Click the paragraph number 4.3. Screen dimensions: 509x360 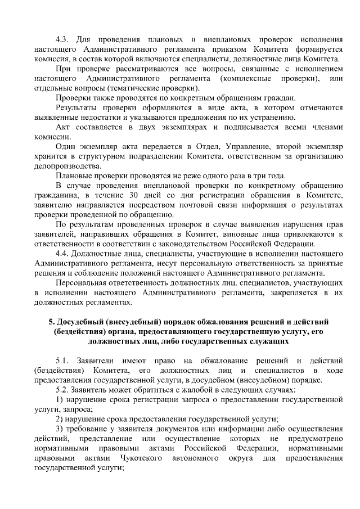(62, 39)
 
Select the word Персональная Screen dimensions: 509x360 (86, 283)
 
